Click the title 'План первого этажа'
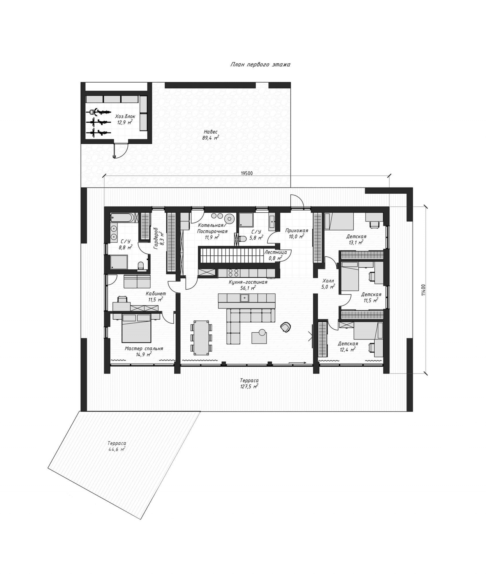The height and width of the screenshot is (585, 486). pos(260,65)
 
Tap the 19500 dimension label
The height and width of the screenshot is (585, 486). pos(247,173)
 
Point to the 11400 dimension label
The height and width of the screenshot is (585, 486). pos(423,290)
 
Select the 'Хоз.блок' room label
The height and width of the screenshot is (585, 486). pos(125,117)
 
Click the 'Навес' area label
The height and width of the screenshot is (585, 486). pos(210,132)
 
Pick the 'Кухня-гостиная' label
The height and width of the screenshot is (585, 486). pos(248,282)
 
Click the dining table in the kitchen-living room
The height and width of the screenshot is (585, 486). pos(201,338)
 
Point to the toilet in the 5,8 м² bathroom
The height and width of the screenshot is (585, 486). pos(242,239)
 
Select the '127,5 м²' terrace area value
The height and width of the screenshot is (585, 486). pos(249,386)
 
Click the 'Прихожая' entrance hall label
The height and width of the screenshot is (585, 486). pos(297,230)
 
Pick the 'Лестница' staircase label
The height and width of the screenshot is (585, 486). pos(276,252)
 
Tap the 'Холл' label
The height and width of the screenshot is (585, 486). pos(328,281)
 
